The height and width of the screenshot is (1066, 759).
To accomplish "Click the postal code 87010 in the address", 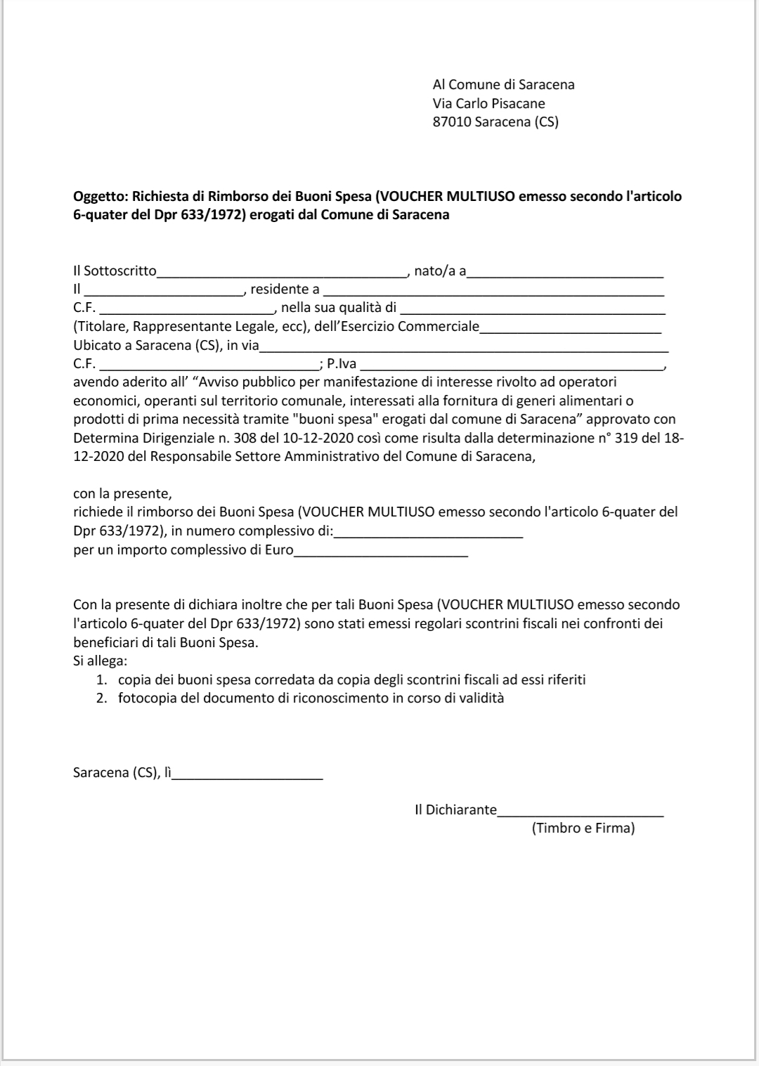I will [x=452, y=122].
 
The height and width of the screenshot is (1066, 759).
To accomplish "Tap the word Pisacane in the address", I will [x=519, y=103].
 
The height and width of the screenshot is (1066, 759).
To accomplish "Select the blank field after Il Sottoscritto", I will [x=282, y=273].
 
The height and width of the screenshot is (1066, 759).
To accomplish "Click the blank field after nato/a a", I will [x=566, y=273].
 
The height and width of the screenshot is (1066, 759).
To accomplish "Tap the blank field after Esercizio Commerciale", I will [x=570, y=327].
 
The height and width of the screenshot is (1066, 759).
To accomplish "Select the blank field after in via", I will [x=464, y=346].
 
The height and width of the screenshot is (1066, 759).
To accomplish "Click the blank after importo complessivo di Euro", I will [x=381, y=551].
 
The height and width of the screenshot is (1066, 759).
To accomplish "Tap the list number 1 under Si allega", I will [x=101, y=680].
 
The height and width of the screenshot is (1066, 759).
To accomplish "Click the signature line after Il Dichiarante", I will [x=580, y=811].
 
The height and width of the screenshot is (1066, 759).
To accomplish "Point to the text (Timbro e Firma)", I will [x=583, y=828].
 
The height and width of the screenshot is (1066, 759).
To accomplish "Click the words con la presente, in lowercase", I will [x=122, y=493].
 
